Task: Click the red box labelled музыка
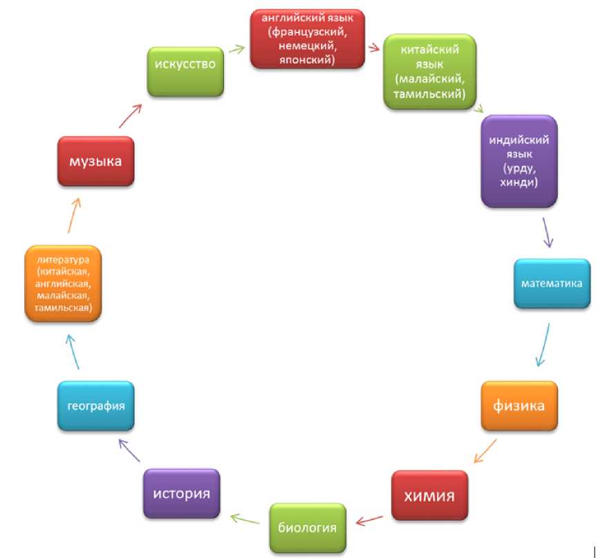(95, 161)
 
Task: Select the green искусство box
(186, 64)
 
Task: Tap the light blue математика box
(552, 283)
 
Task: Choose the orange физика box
(519, 405)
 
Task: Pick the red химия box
(429, 496)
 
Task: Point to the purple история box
(181, 494)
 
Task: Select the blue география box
(95, 405)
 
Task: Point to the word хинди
(519, 183)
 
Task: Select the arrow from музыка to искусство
(129, 115)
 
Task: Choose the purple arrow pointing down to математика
(547, 232)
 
